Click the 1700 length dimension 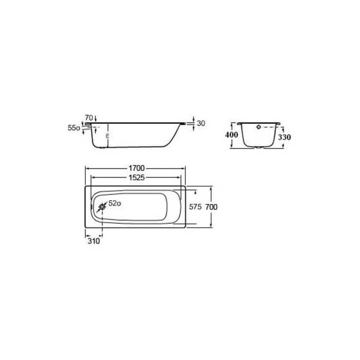click(136, 168)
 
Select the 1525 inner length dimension click(136, 177)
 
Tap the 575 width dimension click(195, 207)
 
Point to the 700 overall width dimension click(211, 207)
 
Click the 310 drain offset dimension click(94, 241)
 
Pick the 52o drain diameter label click(115, 203)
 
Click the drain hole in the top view click(102, 207)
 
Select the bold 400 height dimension click(231, 135)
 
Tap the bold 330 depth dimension click(284, 137)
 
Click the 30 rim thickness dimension click(201, 123)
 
